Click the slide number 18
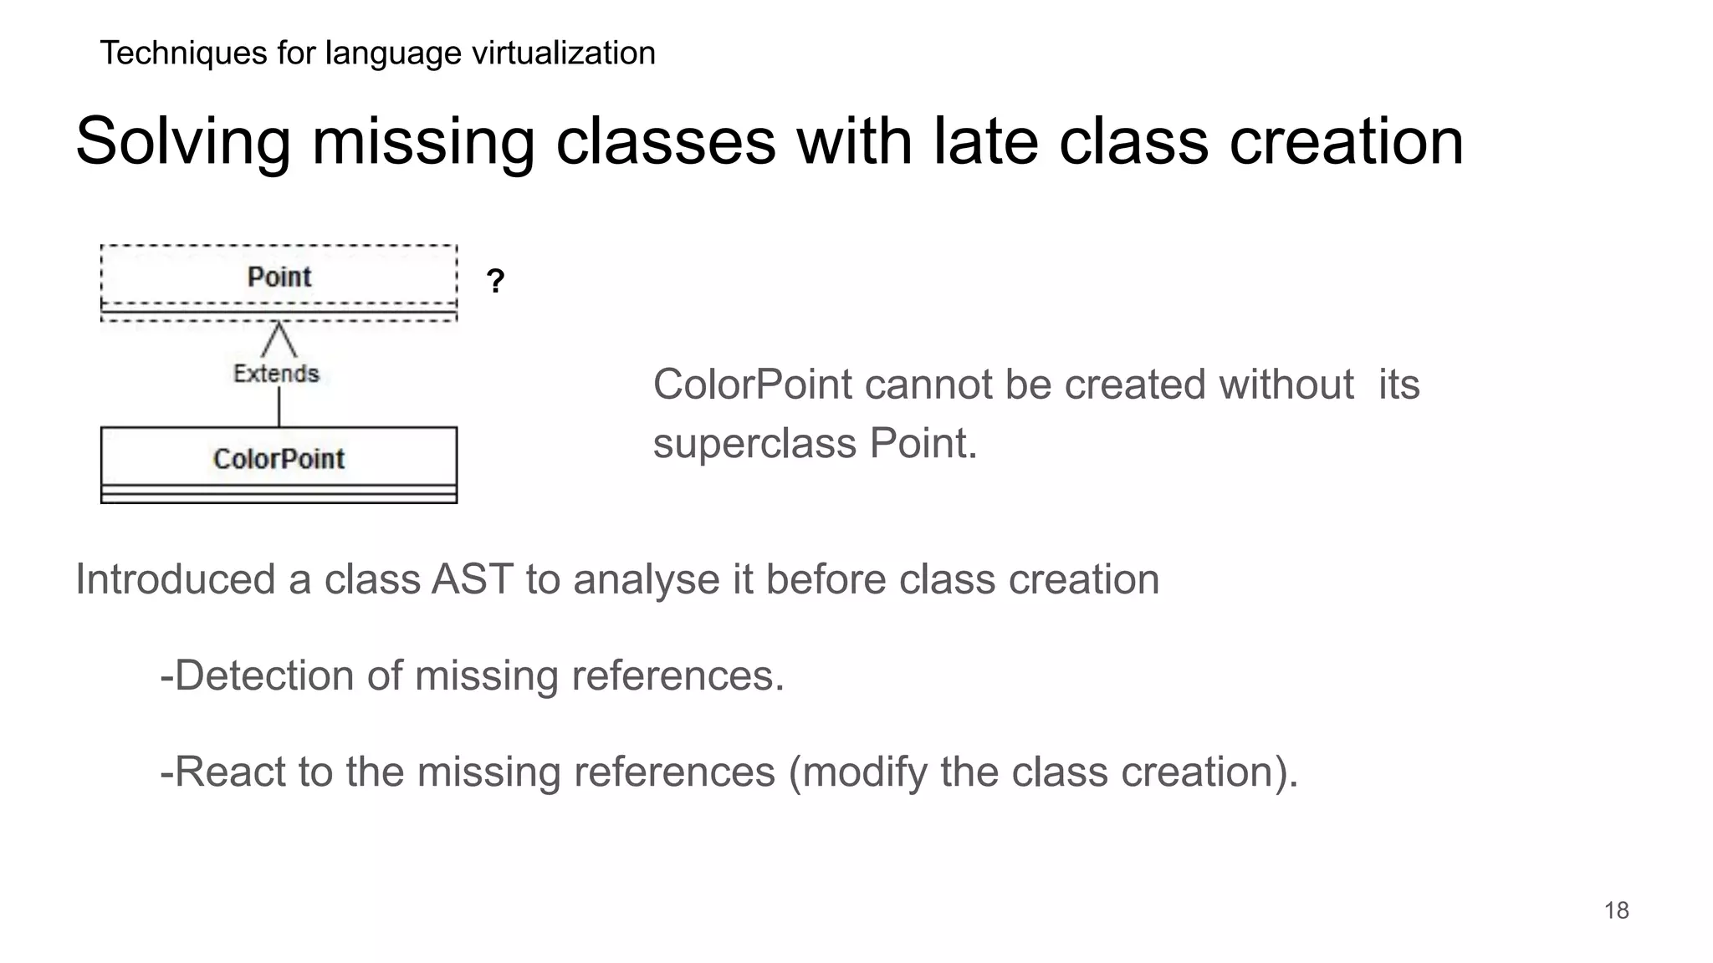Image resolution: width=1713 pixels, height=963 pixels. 1616,910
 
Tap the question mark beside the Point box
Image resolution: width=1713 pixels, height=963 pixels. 495,281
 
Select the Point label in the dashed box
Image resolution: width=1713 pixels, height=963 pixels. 279,277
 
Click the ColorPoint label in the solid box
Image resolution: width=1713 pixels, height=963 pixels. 279,459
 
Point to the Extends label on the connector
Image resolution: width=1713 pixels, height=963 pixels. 276,374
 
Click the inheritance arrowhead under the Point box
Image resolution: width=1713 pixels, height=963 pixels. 279,338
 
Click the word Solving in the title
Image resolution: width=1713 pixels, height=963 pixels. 183,142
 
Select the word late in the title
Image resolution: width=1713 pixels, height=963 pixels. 985,140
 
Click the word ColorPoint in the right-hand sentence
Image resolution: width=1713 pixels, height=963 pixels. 752,385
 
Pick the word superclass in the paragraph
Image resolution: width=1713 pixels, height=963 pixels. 754,444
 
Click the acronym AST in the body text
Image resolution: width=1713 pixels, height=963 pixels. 472,579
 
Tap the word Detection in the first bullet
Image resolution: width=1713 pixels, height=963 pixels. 263,675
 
